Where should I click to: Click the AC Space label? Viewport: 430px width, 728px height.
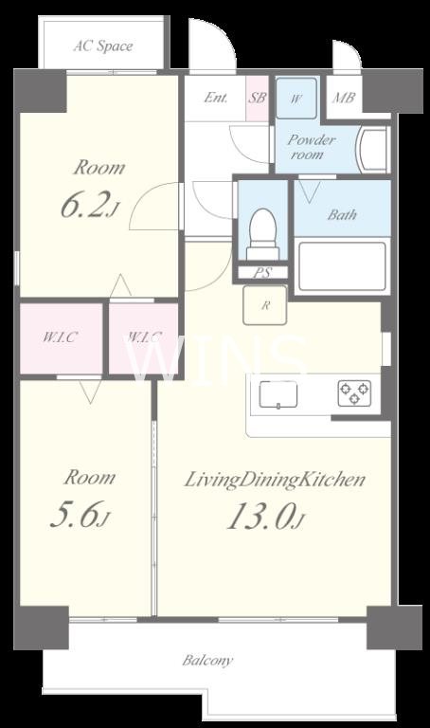[103, 46]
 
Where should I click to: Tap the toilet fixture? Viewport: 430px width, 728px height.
[262, 234]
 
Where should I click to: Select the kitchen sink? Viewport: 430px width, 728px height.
[278, 394]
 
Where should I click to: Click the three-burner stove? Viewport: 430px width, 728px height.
[354, 393]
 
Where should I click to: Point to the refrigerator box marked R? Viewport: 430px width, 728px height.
[265, 305]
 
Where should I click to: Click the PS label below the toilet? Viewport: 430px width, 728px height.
[262, 273]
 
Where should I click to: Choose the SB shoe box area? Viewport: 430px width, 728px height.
[257, 98]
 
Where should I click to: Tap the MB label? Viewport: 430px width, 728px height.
[344, 98]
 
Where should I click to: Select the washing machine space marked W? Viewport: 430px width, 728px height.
[296, 98]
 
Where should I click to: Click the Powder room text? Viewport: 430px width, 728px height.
[311, 147]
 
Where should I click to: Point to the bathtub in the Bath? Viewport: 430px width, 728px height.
[342, 266]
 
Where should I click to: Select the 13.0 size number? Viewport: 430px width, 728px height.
[260, 517]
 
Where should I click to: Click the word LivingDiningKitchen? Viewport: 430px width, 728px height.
[275, 480]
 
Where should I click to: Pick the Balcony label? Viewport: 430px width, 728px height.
[207, 660]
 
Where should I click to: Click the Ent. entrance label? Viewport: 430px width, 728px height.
[216, 98]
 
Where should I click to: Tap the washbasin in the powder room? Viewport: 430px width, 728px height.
[372, 150]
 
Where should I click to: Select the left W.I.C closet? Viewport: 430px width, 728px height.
[61, 338]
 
